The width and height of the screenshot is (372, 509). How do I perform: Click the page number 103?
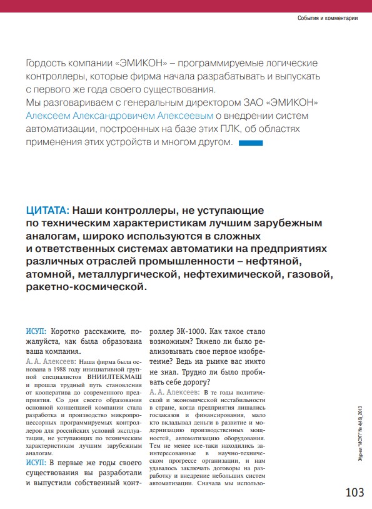pos(354,492)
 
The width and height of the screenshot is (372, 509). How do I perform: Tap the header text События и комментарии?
pos(327,18)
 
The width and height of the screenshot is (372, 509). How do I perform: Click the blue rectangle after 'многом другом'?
pos(251,143)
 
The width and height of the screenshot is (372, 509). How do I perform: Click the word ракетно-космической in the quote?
pos(85,288)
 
